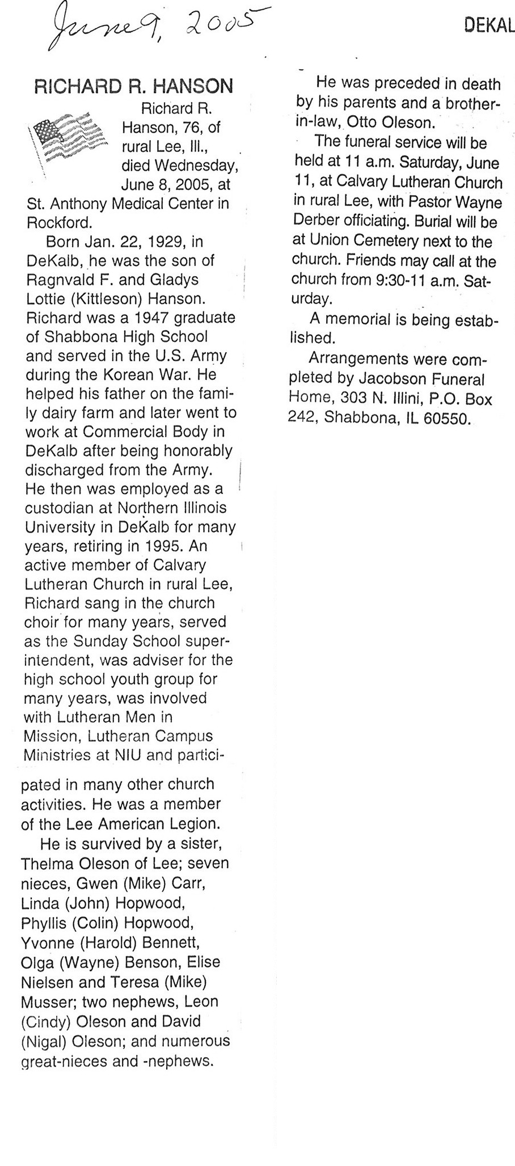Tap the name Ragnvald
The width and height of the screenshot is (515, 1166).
pos(62,280)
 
